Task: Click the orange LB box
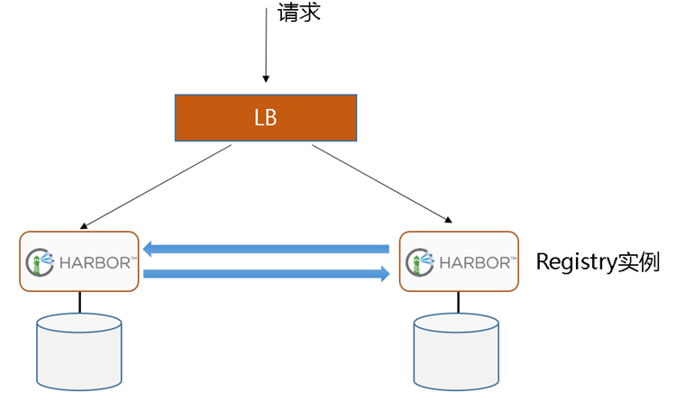265,118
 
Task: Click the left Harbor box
79,261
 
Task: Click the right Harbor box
459,261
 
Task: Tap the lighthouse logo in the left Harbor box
37,262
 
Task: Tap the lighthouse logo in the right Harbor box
418,262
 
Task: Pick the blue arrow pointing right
266,273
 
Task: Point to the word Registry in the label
575,262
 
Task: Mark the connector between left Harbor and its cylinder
79,302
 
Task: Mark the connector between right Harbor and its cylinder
456,303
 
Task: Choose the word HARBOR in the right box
475,262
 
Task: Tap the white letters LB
265,119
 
